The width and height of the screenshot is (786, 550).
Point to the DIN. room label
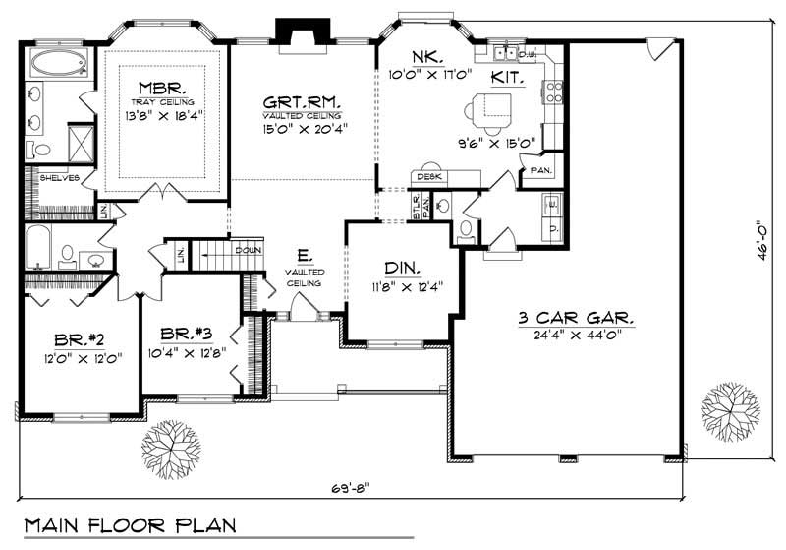(403, 268)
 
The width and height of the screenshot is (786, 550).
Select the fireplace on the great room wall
(296, 33)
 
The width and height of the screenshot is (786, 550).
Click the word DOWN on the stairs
(247, 251)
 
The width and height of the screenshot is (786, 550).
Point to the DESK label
(426, 177)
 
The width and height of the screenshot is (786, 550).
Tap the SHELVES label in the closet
(58, 178)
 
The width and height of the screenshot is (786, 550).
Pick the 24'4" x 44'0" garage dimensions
(576, 336)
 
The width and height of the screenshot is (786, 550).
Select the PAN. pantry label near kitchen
(541, 169)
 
